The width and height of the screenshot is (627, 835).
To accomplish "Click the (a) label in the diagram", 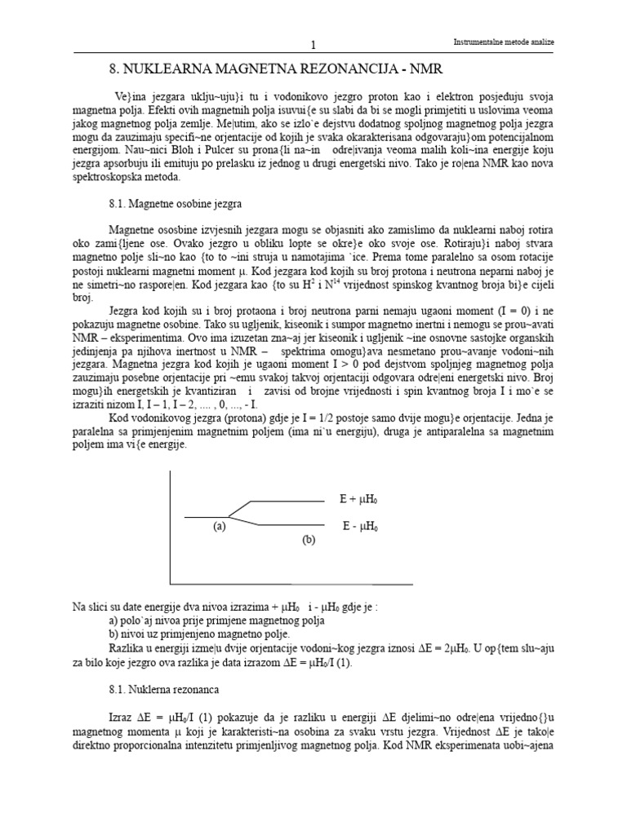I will tap(218, 527).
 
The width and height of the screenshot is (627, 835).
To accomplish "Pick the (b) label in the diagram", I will tap(308, 540).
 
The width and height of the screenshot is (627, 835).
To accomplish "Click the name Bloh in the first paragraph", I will tap(198, 149).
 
